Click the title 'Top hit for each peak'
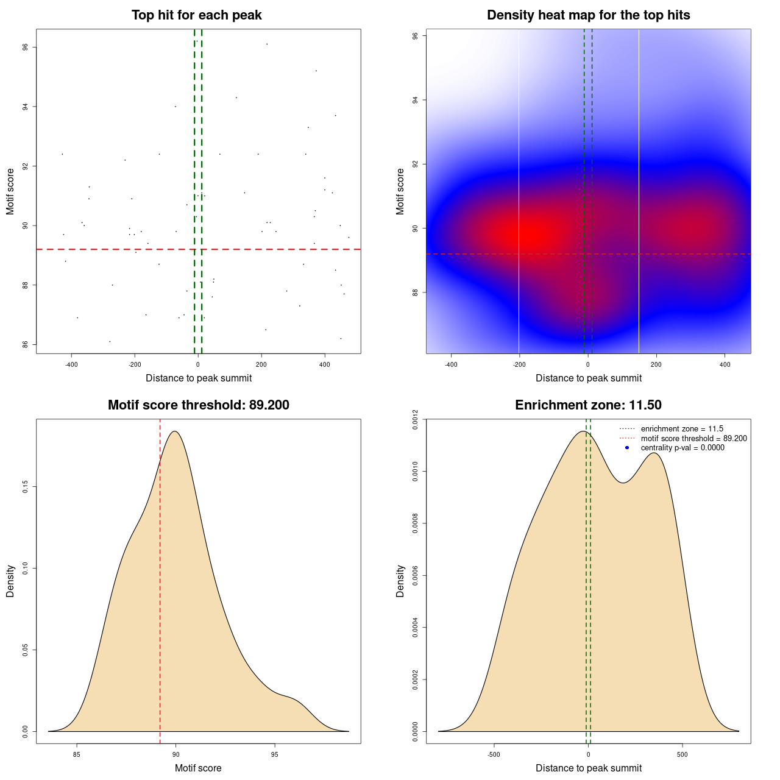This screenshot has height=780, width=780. tap(196, 15)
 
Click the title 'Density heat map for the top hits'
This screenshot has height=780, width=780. tap(588, 15)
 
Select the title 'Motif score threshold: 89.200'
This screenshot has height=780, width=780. tap(198, 405)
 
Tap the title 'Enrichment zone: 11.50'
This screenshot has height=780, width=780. tap(588, 405)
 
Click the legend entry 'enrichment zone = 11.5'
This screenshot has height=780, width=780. tap(682, 429)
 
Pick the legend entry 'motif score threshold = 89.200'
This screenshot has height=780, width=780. tap(693, 438)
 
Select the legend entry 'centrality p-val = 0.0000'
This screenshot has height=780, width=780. tap(682, 448)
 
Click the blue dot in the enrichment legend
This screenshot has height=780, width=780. tap(627, 448)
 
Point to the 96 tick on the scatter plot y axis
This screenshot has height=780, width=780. tap(26, 48)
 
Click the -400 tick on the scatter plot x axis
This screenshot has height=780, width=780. tap(71, 364)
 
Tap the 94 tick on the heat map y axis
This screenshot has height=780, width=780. tap(416, 100)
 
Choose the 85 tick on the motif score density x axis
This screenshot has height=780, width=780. tap(77, 754)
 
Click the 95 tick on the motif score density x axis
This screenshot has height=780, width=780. tap(275, 754)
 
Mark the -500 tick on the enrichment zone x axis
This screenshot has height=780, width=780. tap(494, 754)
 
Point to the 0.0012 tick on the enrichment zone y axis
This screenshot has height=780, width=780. tap(416, 419)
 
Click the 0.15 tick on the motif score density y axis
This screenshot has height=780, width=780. tap(26, 487)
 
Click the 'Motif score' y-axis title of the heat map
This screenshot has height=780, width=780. tap(400, 191)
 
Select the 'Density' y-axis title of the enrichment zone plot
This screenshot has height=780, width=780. tap(400, 581)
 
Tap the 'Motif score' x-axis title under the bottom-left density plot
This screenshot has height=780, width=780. tap(198, 768)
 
